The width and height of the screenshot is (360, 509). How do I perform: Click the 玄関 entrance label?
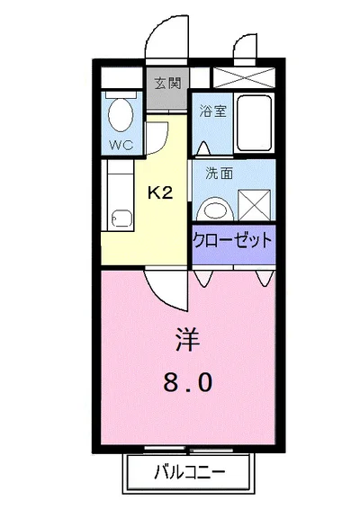pyautogui.click(x=166, y=85)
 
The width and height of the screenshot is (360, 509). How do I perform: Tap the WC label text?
pyautogui.click(x=119, y=143)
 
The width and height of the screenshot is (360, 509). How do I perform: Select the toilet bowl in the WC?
pyautogui.click(x=119, y=114)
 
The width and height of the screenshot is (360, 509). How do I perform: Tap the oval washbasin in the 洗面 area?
pyautogui.click(x=214, y=208)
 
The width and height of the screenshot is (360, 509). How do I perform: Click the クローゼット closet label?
pyautogui.click(x=231, y=241)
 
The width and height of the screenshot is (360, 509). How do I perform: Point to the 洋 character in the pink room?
pyautogui.click(x=186, y=341)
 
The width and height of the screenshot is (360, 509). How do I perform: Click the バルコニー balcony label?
pyautogui.click(x=188, y=469)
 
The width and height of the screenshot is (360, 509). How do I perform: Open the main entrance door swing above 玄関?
pyautogui.click(x=168, y=40)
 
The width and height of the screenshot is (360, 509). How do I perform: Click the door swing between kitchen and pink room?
pyautogui.click(x=166, y=286)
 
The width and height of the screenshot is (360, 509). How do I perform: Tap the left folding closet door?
pyautogui.click(x=206, y=276)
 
